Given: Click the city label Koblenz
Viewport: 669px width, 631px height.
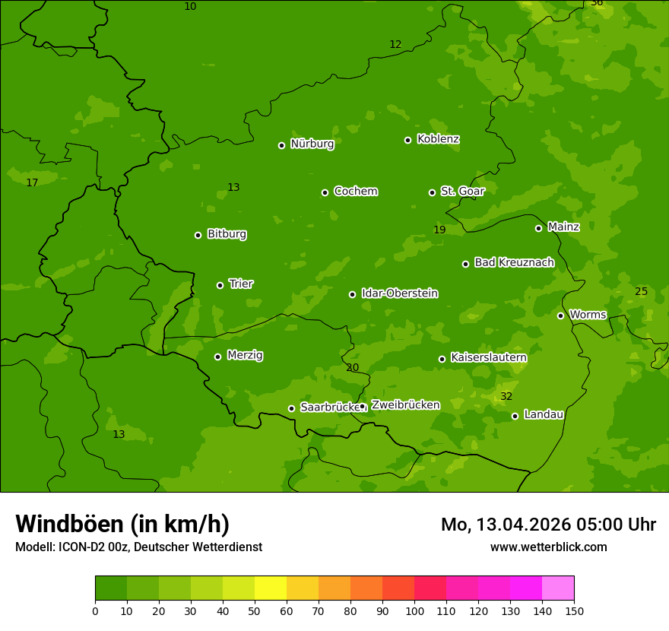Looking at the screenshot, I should [x=438, y=139].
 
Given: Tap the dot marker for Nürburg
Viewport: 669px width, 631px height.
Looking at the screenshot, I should [x=281, y=145].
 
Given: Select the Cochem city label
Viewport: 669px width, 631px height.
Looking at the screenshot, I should [x=355, y=192].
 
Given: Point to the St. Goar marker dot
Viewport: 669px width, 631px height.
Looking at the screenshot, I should [x=432, y=192].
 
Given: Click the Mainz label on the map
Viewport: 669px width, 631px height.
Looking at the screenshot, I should [x=563, y=227].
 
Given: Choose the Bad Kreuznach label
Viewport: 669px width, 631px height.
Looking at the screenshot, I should [x=514, y=263].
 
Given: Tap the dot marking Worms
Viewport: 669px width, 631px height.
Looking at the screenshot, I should [x=560, y=315].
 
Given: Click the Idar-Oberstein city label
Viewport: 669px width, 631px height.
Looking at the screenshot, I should [x=399, y=293].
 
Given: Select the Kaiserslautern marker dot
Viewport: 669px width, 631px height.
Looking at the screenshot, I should [x=442, y=359].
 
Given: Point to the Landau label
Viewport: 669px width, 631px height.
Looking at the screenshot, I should [x=544, y=415].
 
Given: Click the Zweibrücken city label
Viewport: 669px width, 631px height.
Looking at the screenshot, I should [x=405, y=405].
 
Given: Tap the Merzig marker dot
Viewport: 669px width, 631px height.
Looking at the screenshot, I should [x=217, y=357].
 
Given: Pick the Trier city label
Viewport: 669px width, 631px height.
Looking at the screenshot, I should [x=241, y=284].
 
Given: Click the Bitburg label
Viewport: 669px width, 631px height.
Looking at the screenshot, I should [x=227, y=234].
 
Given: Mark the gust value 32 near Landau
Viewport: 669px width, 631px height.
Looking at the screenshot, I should [x=506, y=397].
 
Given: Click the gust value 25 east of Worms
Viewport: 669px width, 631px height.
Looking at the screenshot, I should [x=641, y=292].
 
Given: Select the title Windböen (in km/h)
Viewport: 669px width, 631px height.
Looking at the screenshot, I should [x=122, y=524].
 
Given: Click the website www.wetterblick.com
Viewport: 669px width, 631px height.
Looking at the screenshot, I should [x=548, y=547].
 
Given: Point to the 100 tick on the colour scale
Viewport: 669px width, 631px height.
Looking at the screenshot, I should [x=414, y=610].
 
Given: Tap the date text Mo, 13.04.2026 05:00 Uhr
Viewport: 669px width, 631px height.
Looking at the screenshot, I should [x=548, y=525].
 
